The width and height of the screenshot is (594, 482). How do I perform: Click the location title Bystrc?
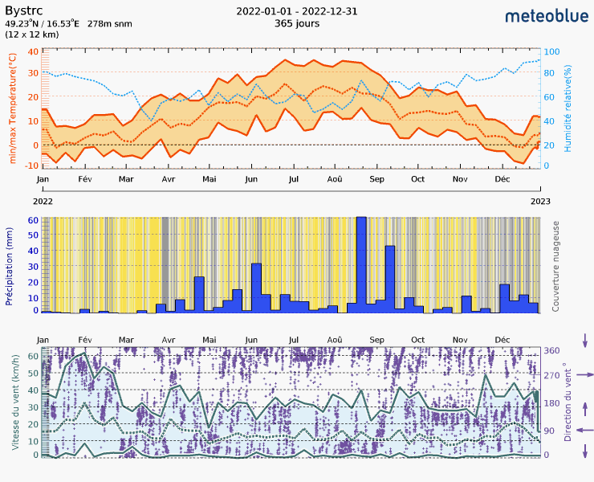coord(22,10)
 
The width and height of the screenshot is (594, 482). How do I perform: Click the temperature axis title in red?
coord(12,108)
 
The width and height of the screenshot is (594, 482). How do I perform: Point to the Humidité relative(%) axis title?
coord(567,108)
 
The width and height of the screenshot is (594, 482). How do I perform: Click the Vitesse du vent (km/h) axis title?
coord(14,402)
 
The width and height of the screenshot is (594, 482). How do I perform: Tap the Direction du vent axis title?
coord(568,402)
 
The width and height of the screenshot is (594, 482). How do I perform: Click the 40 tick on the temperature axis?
coord(33,51)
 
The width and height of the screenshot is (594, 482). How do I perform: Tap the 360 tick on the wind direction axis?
coord(552,351)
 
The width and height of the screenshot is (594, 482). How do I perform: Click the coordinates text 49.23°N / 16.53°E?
coord(43,24)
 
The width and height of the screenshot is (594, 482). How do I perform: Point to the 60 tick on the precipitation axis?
coord(33,219)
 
